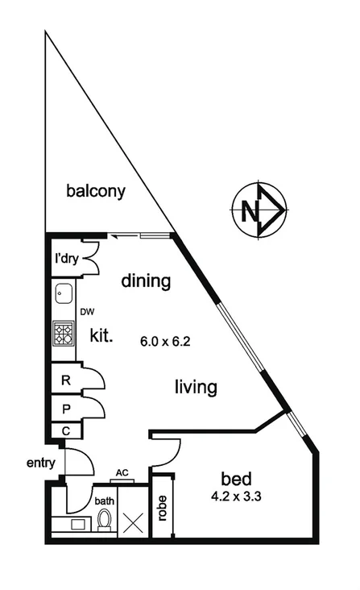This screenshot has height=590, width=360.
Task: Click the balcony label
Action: point(97,191)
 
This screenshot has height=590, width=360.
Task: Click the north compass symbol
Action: point(259,212)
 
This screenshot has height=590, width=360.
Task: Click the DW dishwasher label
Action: point(85,311)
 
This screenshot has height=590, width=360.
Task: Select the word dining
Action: point(147,281)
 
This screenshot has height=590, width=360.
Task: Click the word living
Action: point(196,388)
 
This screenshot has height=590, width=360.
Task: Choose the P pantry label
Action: point(66,409)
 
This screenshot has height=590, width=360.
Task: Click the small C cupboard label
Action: point(66,431)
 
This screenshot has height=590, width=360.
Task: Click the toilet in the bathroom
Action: point(103,521)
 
